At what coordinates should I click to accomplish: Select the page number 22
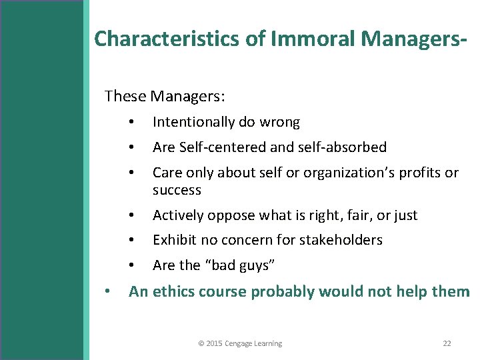447,343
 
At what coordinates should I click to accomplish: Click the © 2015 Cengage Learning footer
240,343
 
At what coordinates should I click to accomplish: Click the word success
177,190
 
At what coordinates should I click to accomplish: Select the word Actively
176,215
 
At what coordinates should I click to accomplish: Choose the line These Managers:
165,96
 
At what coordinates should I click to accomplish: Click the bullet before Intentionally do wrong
133,123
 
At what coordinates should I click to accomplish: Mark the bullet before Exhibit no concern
133,241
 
